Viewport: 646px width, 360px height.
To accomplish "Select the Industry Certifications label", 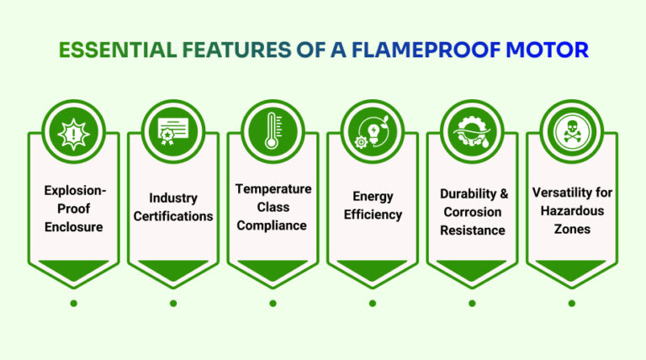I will pyautogui.click(x=173, y=207).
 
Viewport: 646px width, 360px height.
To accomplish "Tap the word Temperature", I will pyautogui.click(x=273, y=188).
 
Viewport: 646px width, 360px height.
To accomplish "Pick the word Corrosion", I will pyautogui.click(x=472, y=212).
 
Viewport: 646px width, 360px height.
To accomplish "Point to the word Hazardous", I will pyautogui.click(x=571, y=210).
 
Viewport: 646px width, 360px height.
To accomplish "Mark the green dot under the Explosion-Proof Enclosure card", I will pyautogui.click(x=73, y=303).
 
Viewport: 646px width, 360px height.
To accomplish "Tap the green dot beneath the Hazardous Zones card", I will pyautogui.click(x=571, y=303).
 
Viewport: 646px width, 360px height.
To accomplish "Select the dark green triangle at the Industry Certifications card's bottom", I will pyautogui.click(x=173, y=269).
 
